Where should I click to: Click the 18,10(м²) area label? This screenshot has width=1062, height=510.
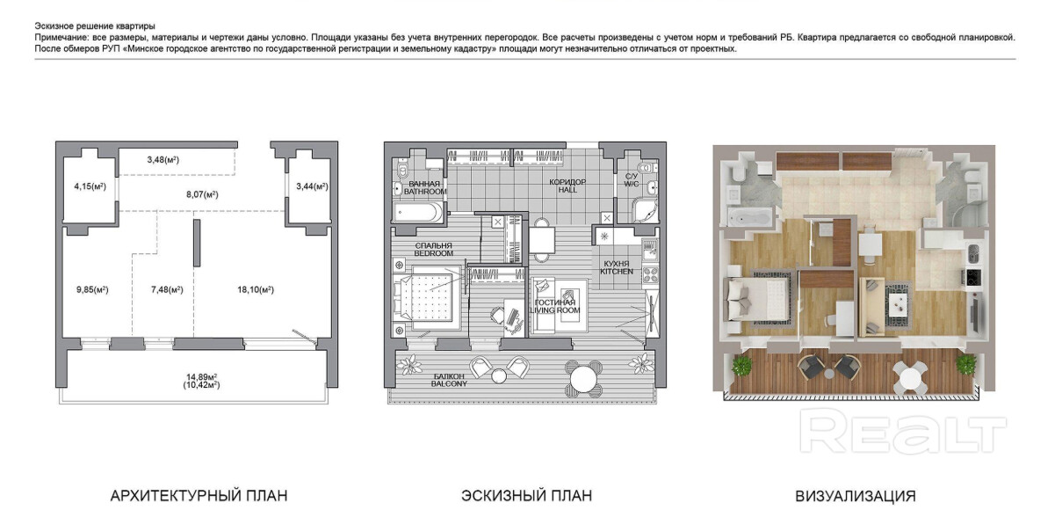pyautogui.click(x=256, y=289)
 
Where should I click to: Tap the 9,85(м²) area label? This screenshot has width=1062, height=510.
pyautogui.click(x=92, y=289)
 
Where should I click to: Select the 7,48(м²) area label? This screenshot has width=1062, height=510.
pyautogui.click(x=167, y=289)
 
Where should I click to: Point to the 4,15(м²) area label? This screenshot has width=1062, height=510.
pyautogui.click(x=90, y=186)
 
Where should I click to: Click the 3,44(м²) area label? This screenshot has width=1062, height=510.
pyautogui.click(x=312, y=186)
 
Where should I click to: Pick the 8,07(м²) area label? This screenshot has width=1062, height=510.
pyautogui.click(x=202, y=194)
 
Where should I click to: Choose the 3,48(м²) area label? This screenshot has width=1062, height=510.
pyautogui.click(x=163, y=160)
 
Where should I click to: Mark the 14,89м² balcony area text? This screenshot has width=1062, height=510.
pyautogui.click(x=201, y=376)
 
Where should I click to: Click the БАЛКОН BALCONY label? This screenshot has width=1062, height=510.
pyautogui.click(x=449, y=380)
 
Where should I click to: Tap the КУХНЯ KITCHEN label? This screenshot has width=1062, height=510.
pyautogui.click(x=617, y=267)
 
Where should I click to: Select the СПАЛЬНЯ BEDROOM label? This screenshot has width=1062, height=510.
pyautogui.click(x=433, y=250)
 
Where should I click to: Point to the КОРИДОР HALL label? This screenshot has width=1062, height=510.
pyautogui.click(x=567, y=186)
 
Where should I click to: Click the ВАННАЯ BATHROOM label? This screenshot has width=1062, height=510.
pyautogui.click(x=425, y=187)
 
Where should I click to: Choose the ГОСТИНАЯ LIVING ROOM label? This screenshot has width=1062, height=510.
pyautogui.click(x=554, y=307)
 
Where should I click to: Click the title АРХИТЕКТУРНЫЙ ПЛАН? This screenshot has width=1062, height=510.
pyautogui.click(x=199, y=496)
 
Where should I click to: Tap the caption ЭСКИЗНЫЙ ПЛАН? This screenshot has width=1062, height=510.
pyautogui.click(x=527, y=496)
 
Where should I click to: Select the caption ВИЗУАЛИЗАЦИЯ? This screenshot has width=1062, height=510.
pyautogui.click(x=856, y=496)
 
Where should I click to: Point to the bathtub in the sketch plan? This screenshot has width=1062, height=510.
pyautogui.click(x=418, y=212)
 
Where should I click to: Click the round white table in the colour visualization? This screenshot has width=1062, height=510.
pyautogui.click(x=910, y=377)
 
